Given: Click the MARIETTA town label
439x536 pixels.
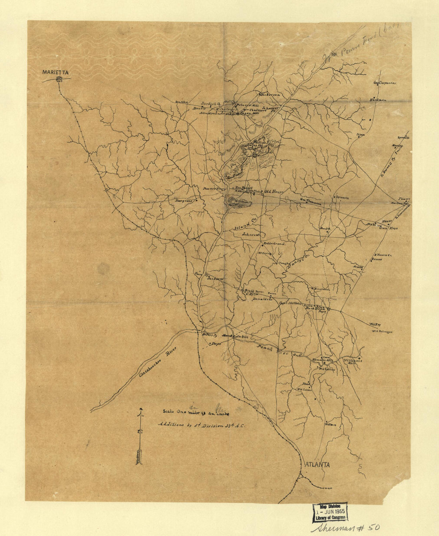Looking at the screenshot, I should pos(55,72).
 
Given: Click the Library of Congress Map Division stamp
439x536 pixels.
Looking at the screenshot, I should pos(330,512).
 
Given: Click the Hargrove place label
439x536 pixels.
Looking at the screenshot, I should pos(184,201).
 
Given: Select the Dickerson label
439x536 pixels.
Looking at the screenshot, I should pos(270,95).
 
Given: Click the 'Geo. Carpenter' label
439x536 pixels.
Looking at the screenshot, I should pos(384,83).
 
